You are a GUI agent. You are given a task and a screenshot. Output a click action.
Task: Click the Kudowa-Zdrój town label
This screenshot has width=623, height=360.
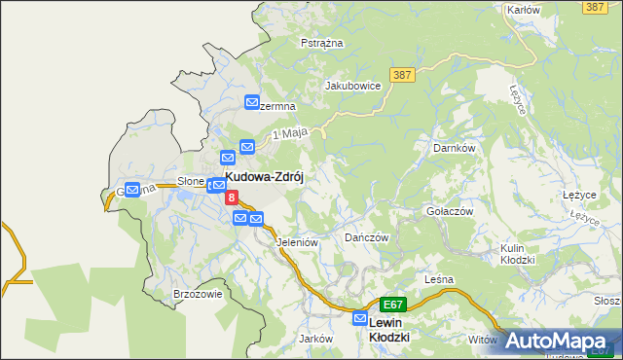click(x=266, y=179)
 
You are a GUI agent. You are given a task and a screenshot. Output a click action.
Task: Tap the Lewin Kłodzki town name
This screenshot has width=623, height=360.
click(x=389, y=328)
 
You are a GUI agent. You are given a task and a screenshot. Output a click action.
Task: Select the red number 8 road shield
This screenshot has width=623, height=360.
click(x=232, y=198)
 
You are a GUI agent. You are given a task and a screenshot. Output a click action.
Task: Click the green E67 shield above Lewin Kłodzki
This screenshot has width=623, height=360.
click(x=391, y=305)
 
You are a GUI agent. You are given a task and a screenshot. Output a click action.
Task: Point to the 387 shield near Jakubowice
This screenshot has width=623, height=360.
click(x=402, y=74)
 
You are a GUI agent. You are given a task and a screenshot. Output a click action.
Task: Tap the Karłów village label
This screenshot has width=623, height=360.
click(x=523, y=10)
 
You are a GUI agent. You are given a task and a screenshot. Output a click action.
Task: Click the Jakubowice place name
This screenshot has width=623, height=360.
click(x=351, y=86)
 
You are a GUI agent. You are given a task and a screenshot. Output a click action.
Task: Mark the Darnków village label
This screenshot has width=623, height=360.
click(x=453, y=149)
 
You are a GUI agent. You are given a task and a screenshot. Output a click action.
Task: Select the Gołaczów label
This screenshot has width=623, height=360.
click(x=449, y=211)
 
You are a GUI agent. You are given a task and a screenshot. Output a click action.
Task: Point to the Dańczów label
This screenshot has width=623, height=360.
click(x=367, y=237)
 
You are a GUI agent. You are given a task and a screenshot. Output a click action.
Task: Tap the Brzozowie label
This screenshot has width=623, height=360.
click(x=198, y=294)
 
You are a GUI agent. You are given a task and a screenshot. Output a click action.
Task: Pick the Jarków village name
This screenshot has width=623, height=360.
click(x=316, y=339)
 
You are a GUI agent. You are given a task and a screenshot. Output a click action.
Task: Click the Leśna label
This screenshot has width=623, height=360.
click(x=439, y=279)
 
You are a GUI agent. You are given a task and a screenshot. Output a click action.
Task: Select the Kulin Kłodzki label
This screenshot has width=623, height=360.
click(x=518, y=254)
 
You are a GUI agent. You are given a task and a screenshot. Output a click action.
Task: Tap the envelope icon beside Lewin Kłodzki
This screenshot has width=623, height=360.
click(x=360, y=319)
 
